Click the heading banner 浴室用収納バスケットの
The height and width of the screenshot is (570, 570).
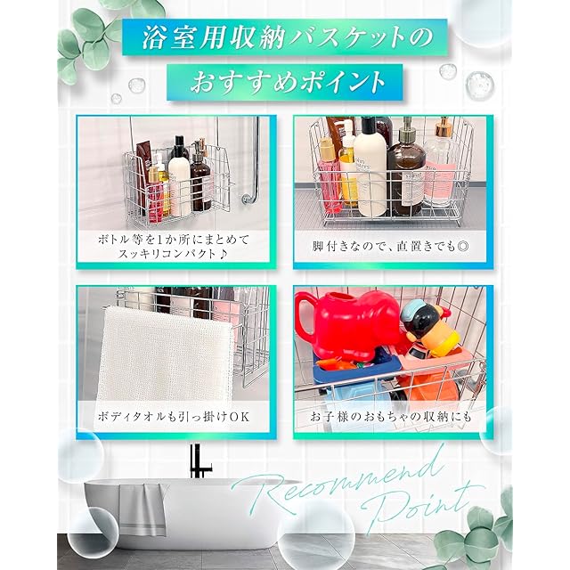(x=285, y=37)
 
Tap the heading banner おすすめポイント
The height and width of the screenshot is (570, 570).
(x=285, y=82)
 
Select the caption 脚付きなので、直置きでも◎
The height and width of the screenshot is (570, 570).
(x=391, y=247)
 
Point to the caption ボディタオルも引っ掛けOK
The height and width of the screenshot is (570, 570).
(x=174, y=417)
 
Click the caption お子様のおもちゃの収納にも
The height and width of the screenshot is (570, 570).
(x=391, y=417)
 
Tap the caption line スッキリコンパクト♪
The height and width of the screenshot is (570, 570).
(x=173, y=253)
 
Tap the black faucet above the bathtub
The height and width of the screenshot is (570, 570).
(x=198, y=461)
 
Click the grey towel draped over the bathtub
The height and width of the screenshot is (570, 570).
(x=142, y=509)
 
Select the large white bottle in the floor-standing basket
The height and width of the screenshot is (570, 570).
(x=370, y=169)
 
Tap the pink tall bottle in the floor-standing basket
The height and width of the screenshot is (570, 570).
(x=330, y=175)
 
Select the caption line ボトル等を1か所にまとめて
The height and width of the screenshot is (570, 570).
(x=174, y=240)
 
